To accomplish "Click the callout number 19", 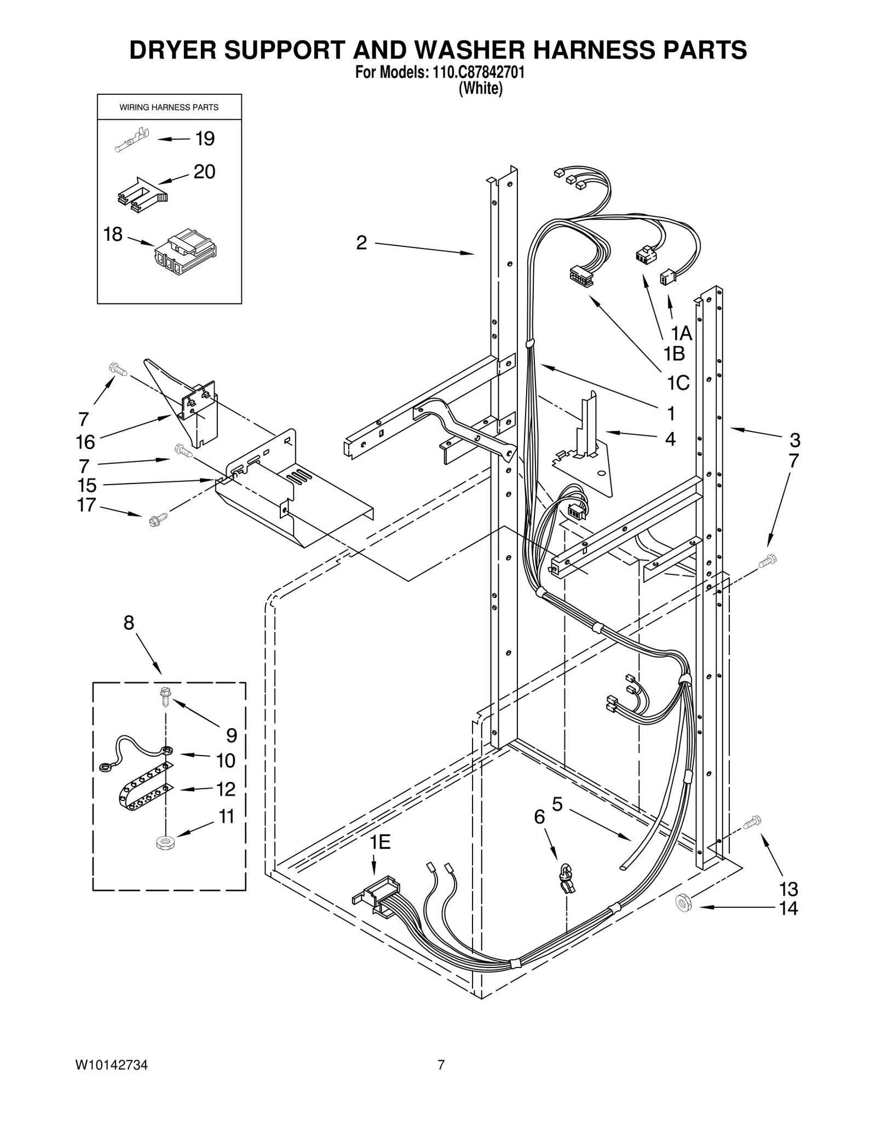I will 205,139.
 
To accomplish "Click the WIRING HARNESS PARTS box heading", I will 169,107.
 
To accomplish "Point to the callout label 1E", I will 379,842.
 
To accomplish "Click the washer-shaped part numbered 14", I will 683,903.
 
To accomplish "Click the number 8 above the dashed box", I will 129,623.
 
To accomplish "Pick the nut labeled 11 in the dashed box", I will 163,843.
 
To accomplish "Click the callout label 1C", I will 678,383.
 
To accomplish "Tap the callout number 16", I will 85,441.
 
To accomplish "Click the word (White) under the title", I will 480,88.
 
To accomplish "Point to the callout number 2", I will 361,243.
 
